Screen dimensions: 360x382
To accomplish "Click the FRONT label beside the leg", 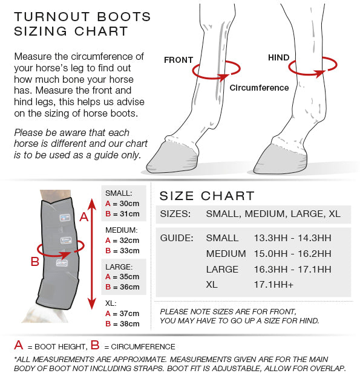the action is point(178,60).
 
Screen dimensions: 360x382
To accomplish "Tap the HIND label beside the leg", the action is point(278,57).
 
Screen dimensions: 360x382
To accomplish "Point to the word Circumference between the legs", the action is point(259,88).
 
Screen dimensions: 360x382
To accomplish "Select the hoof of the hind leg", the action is point(280,160).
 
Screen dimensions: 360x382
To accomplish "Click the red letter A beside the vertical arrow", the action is point(83,217).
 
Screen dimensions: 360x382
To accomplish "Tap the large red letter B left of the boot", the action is point(35,262).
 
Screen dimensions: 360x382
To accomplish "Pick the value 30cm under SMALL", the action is point(129,204).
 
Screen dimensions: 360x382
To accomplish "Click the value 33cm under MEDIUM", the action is point(129,250).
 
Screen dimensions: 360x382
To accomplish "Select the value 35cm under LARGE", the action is point(129,277).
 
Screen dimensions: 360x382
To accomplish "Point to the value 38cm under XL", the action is point(129,324).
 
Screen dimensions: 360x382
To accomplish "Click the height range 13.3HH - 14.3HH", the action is point(292,238).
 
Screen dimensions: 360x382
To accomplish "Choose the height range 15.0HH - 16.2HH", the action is point(292,254).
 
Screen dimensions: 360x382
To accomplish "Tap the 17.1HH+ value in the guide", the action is point(273,285).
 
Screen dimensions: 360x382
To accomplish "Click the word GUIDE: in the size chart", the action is point(177,238).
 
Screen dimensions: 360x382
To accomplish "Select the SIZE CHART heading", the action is point(207,196).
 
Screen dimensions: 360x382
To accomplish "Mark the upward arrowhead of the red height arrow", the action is point(92,204).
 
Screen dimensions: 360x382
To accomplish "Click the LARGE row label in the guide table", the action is point(222,270).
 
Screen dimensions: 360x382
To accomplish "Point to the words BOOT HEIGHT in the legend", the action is point(60,347).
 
